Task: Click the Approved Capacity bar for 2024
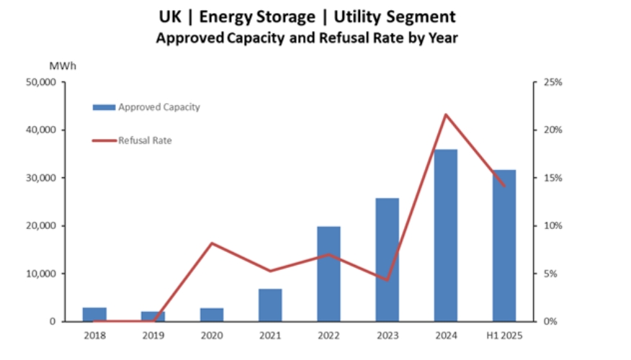[x=445, y=235]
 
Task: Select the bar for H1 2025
[x=504, y=246]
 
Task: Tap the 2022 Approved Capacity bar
[x=328, y=274]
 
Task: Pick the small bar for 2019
[x=153, y=316]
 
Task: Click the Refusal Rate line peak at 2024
[x=446, y=114]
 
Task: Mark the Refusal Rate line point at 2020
[x=212, y=243]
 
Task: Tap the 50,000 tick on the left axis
[x=41, y=82]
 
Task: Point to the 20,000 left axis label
[x=41, y=226]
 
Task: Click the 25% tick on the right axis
[x=552, y=82]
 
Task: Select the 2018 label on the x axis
[x=94, y=336]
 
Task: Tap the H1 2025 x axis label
[x=504, y=336]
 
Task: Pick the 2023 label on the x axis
[x=387, y=336]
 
